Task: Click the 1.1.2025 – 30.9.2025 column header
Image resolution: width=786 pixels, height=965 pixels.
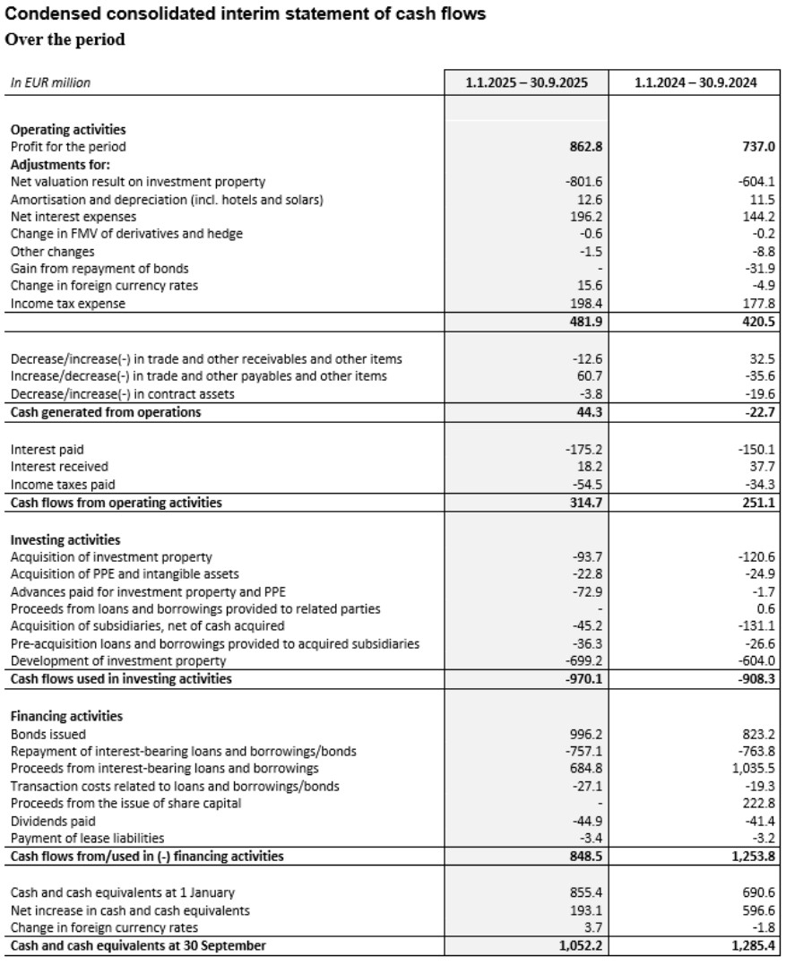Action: (526, 82)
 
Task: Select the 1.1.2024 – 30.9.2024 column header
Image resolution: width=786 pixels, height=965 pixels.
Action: (695, 82)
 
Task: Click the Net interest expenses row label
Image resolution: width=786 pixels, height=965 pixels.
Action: (73, 217)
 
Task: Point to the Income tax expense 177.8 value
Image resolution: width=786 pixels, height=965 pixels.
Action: (757, 304)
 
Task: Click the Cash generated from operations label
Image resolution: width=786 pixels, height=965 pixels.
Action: (106, 412)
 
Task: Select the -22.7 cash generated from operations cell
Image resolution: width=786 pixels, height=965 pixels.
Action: (757, 412)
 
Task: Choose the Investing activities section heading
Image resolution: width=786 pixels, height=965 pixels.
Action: (65, 539)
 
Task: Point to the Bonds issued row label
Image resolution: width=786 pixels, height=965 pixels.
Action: (48, 734)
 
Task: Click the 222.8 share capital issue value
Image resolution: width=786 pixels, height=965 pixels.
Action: (757, 804)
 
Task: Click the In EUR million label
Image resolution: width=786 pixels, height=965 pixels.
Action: (50, 82)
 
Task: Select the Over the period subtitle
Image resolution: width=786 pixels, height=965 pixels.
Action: (65, 39)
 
